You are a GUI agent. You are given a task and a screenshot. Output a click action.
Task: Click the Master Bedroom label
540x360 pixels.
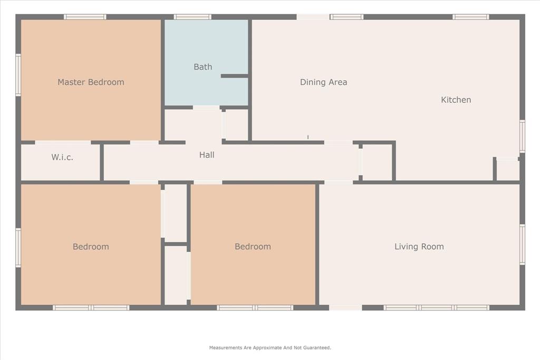pos(91,82)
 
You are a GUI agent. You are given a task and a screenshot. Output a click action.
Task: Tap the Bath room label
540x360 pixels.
pos(203,67)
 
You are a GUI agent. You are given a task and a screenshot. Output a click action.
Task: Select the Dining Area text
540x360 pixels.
pos(323,82)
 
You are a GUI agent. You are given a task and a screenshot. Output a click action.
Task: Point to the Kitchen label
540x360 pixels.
pos(456,100)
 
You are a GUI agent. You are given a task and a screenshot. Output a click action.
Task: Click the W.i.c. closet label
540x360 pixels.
pos(62,157)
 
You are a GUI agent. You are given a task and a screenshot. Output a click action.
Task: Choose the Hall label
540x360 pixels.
pos(207,155)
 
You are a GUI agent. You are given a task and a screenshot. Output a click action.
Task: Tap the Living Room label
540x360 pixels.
pos(419,247)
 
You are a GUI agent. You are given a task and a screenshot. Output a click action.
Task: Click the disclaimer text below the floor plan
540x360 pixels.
pos(270,348)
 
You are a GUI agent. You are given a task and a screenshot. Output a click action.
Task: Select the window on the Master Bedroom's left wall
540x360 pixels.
pos(18,75)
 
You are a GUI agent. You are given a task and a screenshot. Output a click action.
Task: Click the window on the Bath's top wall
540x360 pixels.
pos(192,17)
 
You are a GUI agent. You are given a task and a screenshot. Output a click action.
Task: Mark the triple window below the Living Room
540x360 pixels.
pos(436,308)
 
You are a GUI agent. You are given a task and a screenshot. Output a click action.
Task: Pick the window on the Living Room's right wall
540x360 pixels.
pos(522,245)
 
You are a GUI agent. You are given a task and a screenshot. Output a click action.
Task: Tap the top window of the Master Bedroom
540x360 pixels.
pos(85,17)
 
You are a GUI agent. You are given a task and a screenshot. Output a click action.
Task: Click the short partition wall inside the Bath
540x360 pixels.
pos(234,76)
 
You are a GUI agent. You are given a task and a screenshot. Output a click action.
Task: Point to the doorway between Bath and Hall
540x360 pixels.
pos(206,108)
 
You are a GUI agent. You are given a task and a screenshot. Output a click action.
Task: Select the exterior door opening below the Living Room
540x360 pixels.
pos(345,308)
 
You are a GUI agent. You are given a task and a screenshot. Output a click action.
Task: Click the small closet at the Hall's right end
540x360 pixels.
pos(377,162)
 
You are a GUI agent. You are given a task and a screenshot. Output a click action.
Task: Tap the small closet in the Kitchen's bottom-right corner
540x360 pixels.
pos(508,170)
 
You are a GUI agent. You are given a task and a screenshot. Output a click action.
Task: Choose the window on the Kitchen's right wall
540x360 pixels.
pos(522,136)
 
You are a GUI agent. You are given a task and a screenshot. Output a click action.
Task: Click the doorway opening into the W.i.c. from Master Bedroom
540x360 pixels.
pos(63,142)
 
